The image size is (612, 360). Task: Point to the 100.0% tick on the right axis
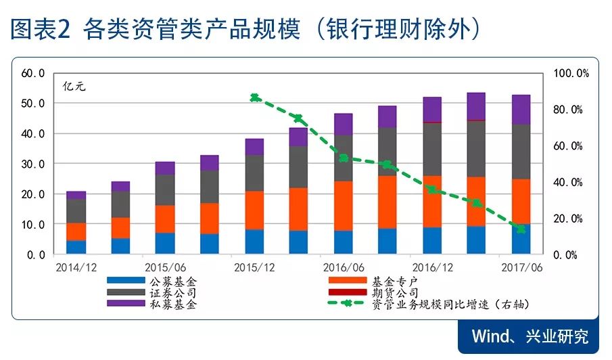click(571, 73)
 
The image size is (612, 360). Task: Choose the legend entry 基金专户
click(396, 280)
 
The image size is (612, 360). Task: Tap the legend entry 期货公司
click(396, 292)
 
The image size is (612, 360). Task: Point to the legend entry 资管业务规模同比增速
click(446, 304)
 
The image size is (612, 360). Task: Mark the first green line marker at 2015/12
click(255, 97)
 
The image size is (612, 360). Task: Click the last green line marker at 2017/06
click(521, 229)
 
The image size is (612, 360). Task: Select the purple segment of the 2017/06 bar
click(521, 109)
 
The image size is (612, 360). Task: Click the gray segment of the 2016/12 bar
click(432, 149)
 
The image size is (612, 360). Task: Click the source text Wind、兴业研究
click(529, 336)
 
